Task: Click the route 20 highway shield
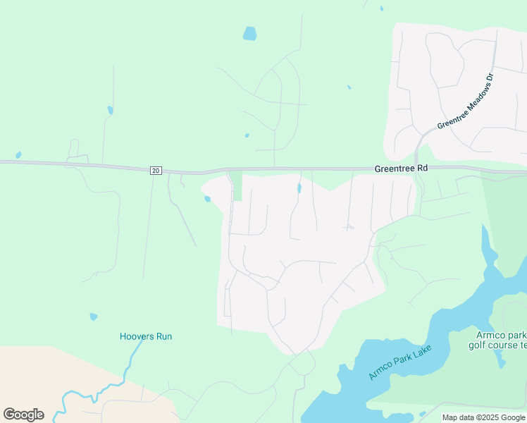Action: pos(156,171)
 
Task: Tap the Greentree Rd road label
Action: pos(401,169)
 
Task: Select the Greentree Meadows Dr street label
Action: pos(467,102)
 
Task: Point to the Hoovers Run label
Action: pos(146,336)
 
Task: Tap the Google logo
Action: pos(23,415)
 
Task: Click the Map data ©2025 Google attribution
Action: pos(484,417)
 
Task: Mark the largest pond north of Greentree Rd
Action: pos(249,33)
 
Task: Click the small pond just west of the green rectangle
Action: pos(207,199)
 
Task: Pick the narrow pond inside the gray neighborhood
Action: pos(299,188)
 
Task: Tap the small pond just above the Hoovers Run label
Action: pos(94,317)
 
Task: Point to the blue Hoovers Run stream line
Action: pos(127,367)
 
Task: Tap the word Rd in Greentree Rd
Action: pos(421,169)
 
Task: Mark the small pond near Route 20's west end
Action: pos(18,155)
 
